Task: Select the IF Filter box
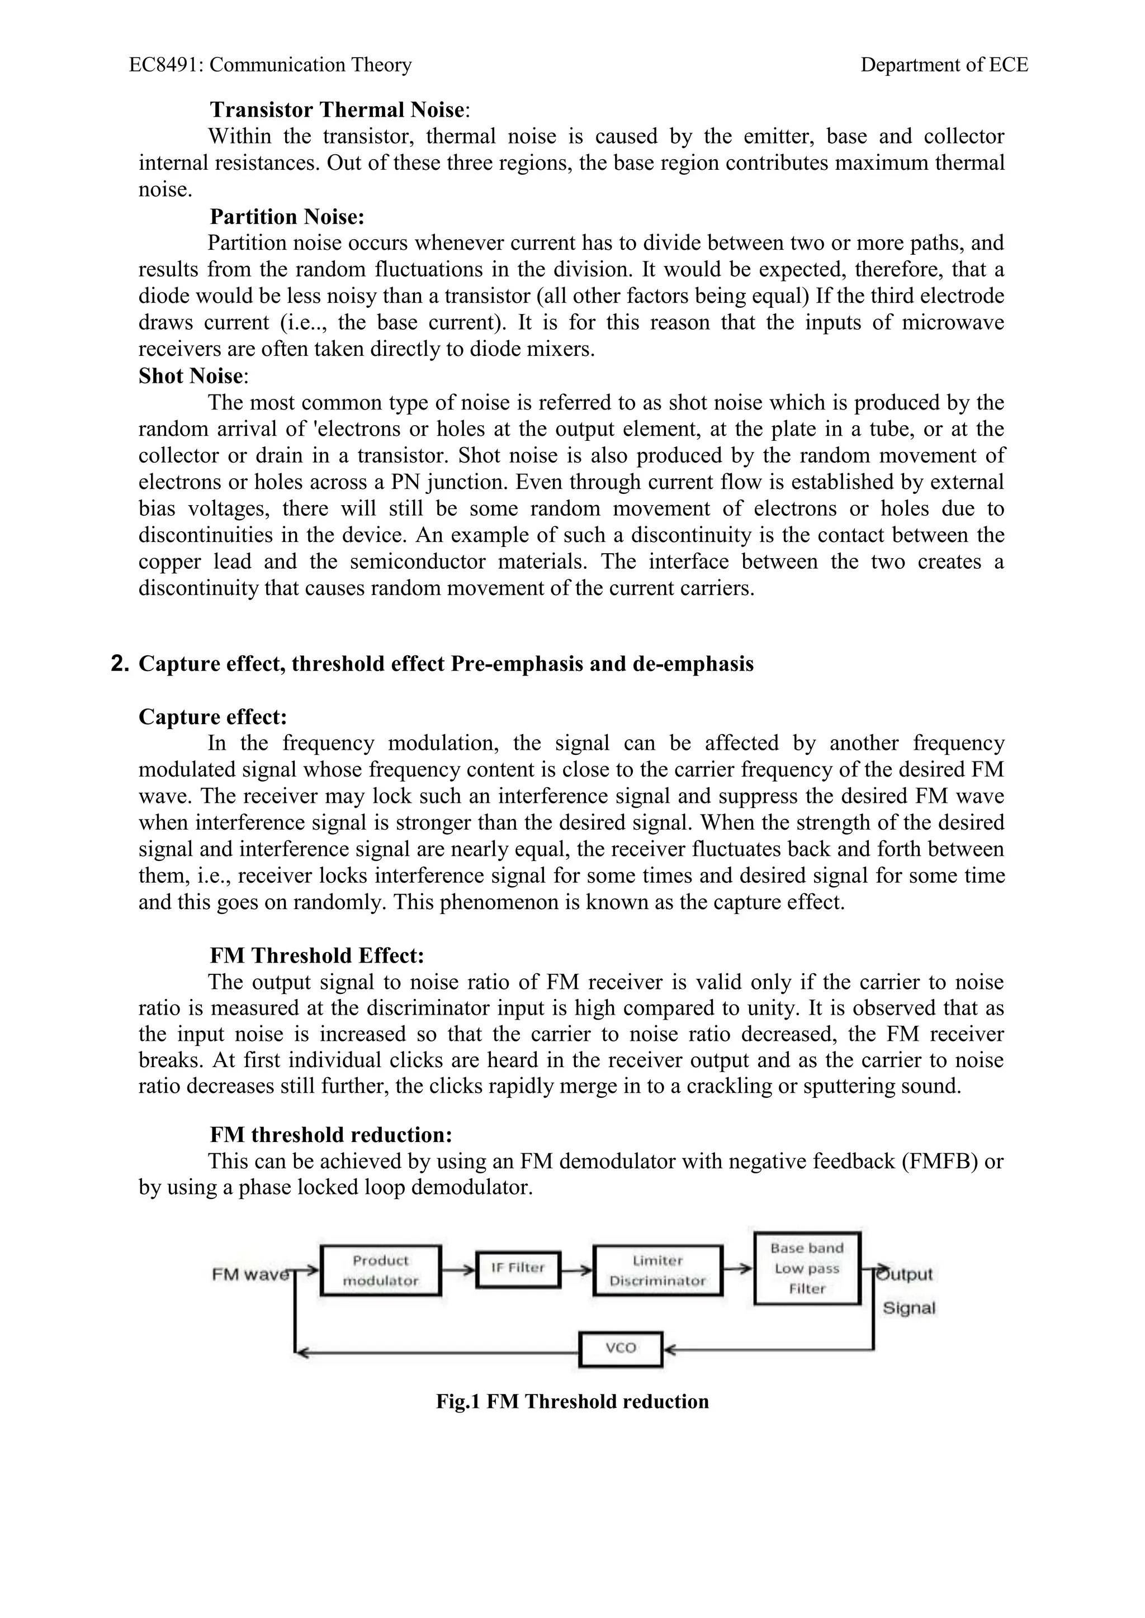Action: click(518, 1268)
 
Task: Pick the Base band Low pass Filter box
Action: click(807, 1268)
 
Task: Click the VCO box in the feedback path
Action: click(621, 1348)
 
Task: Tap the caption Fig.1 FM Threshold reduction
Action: click(572, 1401)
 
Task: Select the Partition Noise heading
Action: click(287, 216)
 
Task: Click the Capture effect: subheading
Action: click(213, 717)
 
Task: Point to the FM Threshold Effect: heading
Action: click(316, 955)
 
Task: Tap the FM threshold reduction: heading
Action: click(330, 1135)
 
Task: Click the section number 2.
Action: click(120, 664)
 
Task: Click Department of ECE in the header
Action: click(944, 65)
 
